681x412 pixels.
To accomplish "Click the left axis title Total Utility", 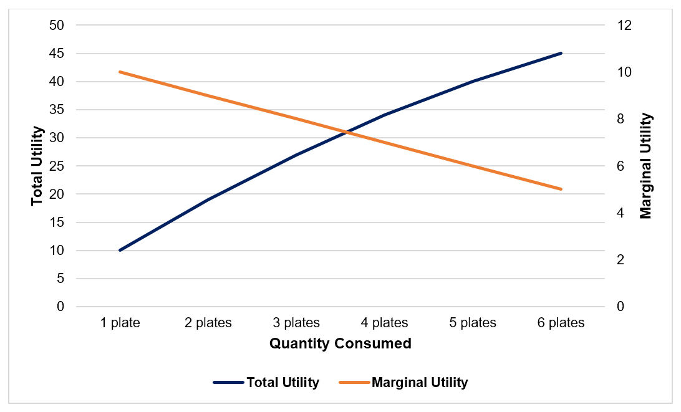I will (x=37, y=166).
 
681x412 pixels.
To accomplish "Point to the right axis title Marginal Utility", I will (x=646, y=166).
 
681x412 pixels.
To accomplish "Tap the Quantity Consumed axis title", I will (x=340, y=343).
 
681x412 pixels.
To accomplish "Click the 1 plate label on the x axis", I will (x=120, y=323).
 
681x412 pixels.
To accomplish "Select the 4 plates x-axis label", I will (x=385, y=323).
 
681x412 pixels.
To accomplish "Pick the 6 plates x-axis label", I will (x=561, y=323).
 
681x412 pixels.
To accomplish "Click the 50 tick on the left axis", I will (x=57, y=26).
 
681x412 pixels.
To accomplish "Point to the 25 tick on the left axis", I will (x=57, y=166).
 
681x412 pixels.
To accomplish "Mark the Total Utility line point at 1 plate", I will (x=120, y=251).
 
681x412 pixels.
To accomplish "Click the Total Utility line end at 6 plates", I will (x=561, y=53).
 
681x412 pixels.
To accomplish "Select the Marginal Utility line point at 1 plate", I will (x=120, y=72).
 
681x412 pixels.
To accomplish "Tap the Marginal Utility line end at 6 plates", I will (x=561, y=189).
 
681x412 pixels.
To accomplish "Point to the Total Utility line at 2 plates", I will (x=208, y=199).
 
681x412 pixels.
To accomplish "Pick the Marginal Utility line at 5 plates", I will (x=473, y=166).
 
